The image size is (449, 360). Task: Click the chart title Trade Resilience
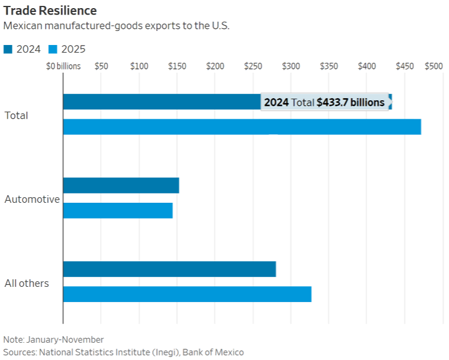[x=50, y=10]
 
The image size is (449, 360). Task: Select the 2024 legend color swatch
[x=8, y=49]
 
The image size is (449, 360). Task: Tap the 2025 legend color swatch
[x=53, y=49]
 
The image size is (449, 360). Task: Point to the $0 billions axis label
[x=63, y=66]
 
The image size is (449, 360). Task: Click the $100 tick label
[x=139, y=66]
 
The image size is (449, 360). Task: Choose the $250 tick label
[x=253, y=66]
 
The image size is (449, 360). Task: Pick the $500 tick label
[x=433, y=66]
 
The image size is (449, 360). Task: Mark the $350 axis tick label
[x=329, y=66]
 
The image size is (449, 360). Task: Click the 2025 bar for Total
[x=242, y=126]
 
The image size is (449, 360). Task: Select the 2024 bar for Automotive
[x=121, y=185]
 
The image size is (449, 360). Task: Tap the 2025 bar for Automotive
[x=118, y=210]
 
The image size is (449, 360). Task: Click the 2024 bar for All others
[x=170, y=269]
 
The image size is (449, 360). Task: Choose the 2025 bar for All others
[x=187, y=294]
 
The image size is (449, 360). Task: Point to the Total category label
[x=16, y=115]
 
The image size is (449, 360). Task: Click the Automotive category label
[x=32, y=199]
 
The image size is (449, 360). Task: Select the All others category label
[x=27, y=283]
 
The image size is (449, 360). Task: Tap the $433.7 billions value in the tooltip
[x=350, y=102]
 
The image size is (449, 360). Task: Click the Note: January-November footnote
[x=53, y=339]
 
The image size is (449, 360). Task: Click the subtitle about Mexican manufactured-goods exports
[x=116, y=26]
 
